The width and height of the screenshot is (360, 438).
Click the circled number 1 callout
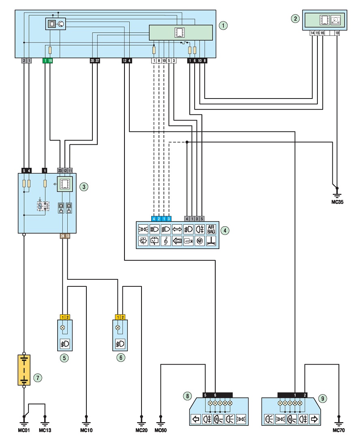pyautogui.click(x=223, y=26)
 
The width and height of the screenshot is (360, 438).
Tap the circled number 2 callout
pyautogui.click(x=295, y=19)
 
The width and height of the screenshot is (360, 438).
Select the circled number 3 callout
pyautogui.click(x=84, y=187)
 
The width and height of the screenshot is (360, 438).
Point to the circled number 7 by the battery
pyautogui.click(x=38, y=378)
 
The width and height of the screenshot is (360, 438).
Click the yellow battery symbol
pyautogui.click(x=24, y=370)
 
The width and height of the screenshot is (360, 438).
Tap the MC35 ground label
pyautogui.click(x=337, y=202)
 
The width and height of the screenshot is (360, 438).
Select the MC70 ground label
pyautogui.click(x=339, y=430)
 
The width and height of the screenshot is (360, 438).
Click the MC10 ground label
pyautogui.click(x=86, y=430)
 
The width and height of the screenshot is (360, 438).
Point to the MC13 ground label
pyautogui.click(x=45, y=430)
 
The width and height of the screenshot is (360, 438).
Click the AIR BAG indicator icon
pyautogui.click(x=211, y=229)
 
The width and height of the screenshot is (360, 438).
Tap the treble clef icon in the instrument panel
pyautogui.click(x=166, y=240)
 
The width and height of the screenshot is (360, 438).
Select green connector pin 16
pyautogui.click(x=50, y=60)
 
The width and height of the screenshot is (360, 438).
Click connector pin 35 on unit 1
pyautogui.click(x=92, y=60)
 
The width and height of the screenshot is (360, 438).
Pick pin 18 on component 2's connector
pyautogui.click(x=337, y=33)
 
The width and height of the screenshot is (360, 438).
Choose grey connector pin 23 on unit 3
pyautogui.click(x=60, y=170)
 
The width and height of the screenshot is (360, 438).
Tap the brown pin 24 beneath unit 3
pyautogui.click(x=62, y=236)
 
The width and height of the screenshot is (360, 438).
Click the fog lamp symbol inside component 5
pyautogui.click(x=65, y=344)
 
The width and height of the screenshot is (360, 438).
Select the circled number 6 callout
pyautogui.click(x=121, y=358)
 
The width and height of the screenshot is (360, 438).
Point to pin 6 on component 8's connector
pyautogui.click(x=215, y=395)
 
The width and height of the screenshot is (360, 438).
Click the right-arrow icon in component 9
pyautogui.click(x=315, y=419)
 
